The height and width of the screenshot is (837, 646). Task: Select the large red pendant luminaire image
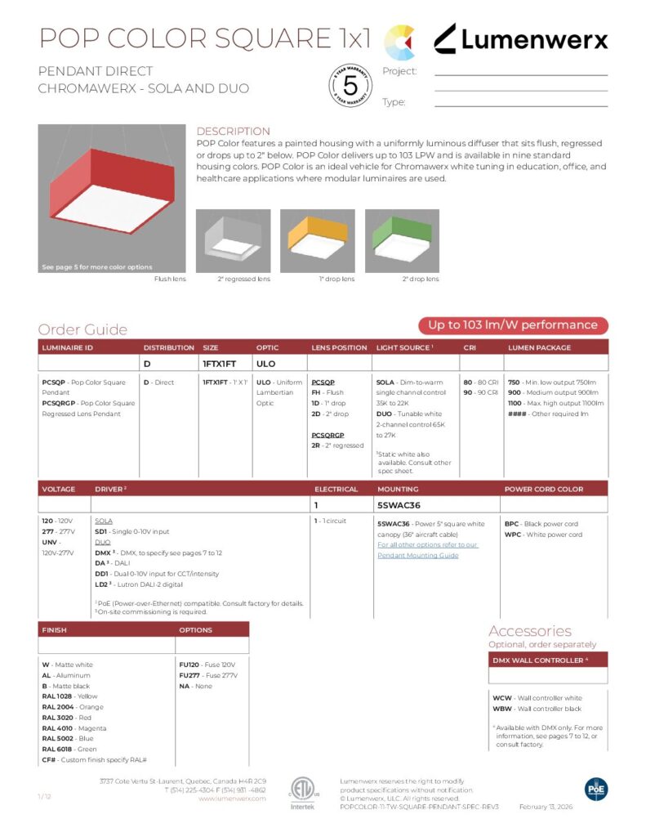112,198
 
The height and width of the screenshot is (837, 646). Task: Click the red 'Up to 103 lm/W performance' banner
514,325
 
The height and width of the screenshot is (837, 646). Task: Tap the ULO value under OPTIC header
265,363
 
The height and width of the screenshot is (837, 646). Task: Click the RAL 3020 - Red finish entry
62,717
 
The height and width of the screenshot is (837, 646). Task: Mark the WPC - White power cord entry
542,535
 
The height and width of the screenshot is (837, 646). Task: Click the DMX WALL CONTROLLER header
539,660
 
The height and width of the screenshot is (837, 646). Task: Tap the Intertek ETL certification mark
301,790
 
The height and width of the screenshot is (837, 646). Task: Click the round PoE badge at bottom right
596,788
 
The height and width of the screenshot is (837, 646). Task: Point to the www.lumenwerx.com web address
232,799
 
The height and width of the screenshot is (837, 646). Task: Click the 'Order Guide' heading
82,329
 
